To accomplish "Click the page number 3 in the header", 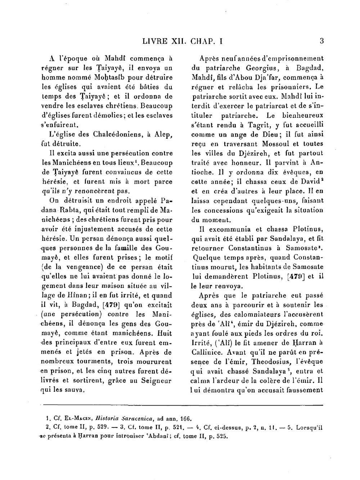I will [x=321, y=41].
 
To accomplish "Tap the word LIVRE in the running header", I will [x=155, y=41].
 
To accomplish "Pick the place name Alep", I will [x=164, y=135].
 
